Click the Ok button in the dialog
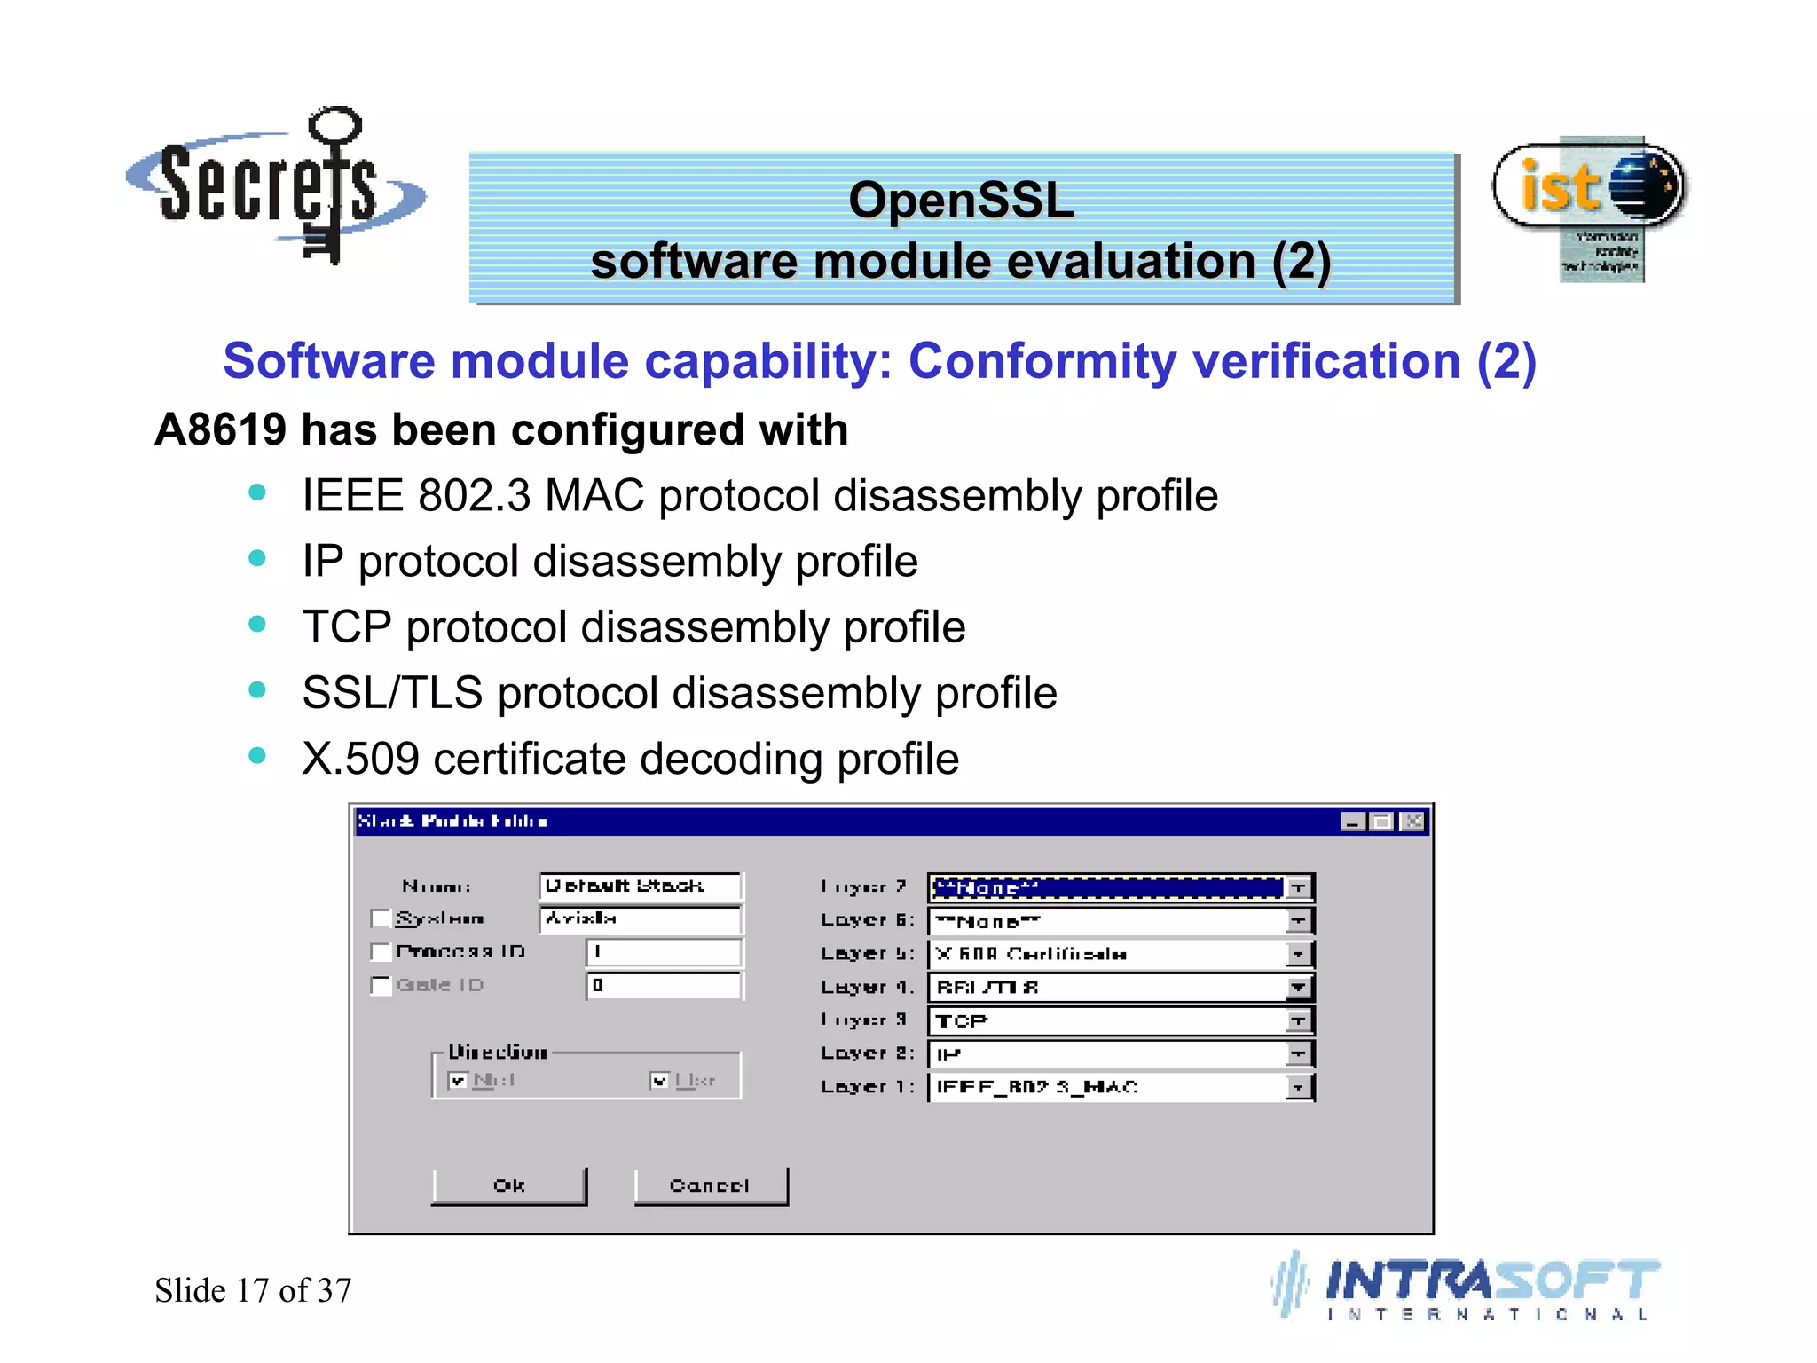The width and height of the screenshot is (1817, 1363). pos(508,1186)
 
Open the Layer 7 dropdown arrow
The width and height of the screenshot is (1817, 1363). pos(1298,887)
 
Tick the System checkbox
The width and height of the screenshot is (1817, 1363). pos(381,918)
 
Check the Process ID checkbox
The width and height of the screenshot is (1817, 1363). pos(381,952)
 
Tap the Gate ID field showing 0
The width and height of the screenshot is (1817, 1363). pos(663,985)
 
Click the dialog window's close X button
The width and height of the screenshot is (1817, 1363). pos(1412,822)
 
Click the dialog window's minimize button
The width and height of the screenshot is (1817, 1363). pos(1352,822)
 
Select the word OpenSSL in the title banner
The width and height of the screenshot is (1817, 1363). pos(961,200)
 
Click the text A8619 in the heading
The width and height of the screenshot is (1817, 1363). pos(220,429)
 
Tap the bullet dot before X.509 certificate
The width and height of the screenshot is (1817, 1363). pos(257,755)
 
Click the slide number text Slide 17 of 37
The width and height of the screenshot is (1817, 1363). pos(253,1290)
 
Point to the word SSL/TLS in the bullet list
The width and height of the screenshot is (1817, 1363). pos(392,693)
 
